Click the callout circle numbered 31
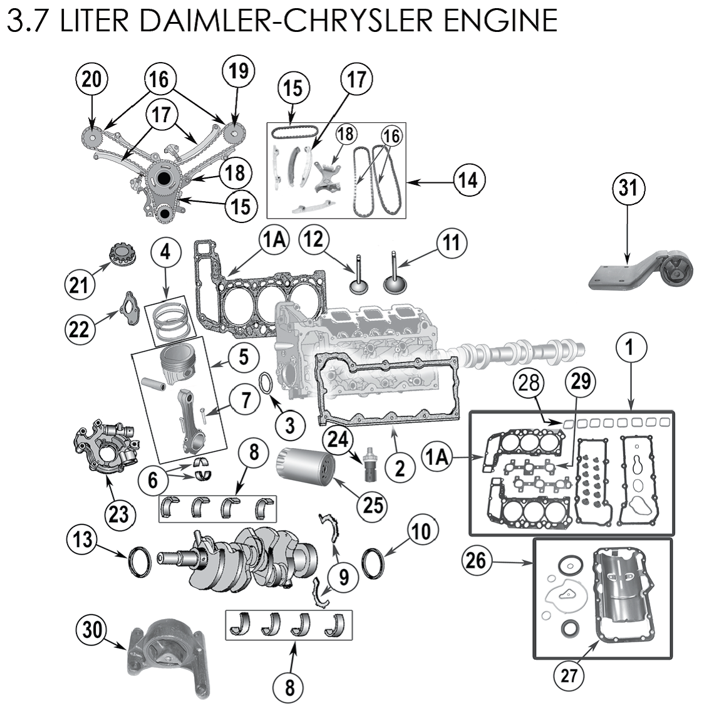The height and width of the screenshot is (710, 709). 628,188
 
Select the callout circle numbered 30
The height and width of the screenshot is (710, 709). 92,630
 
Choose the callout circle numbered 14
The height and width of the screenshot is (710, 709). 468,180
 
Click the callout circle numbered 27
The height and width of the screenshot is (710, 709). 569,676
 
